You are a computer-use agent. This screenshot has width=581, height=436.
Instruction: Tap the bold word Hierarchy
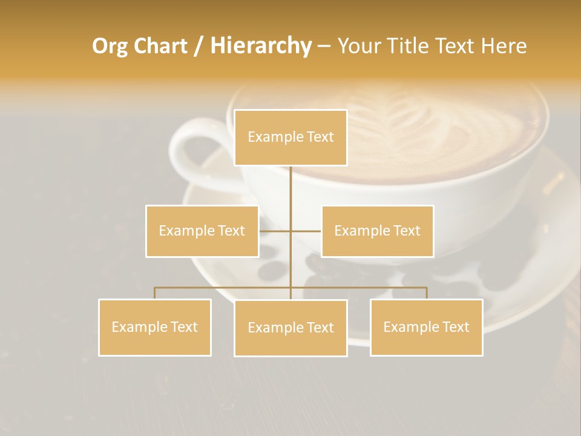[x=260, y=46]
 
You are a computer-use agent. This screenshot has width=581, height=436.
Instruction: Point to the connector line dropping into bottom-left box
[x=154, y=293]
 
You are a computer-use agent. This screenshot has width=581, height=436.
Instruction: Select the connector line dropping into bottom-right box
[x=427, y=293]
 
